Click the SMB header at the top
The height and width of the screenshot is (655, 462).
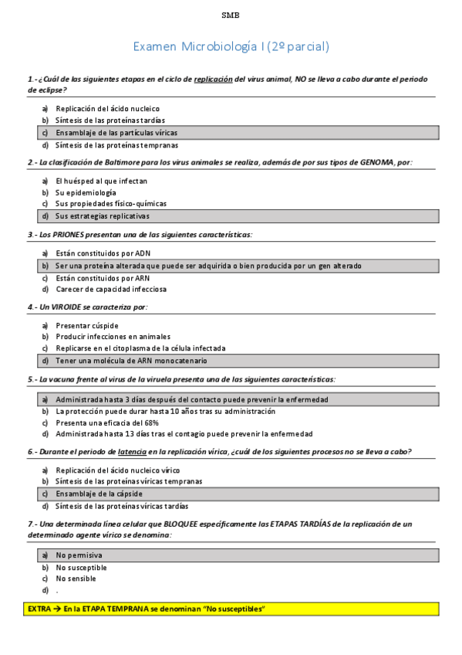coord(231,15)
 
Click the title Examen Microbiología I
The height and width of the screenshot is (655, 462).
coord(231,47)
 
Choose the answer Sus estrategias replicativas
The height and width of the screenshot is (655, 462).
coord(102,216)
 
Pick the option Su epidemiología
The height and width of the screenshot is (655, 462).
coord(86,192)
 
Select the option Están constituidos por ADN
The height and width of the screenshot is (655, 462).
coord(103,253)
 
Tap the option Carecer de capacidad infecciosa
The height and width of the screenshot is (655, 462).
coord(110,289)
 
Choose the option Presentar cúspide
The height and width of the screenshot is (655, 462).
coord(87,325)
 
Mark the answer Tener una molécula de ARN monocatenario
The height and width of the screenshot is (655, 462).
coord(131,360)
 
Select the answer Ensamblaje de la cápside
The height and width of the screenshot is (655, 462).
coord(99,493)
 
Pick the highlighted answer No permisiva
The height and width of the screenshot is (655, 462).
coord(79,555)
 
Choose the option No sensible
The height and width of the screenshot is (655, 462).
coord(76,579)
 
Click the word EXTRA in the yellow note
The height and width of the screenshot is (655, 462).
coord(39,609)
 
